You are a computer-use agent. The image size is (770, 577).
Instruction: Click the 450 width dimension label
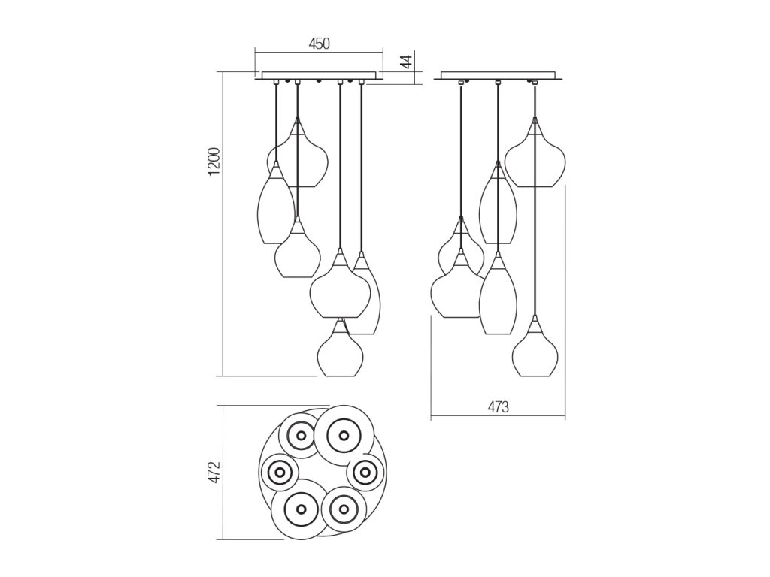click(320, 44)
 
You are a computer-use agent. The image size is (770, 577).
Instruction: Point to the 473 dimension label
click(498, 408)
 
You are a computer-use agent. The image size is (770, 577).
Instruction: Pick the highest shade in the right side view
click(535, 156)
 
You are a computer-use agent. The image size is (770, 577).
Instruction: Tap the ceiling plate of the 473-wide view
click(499, 75)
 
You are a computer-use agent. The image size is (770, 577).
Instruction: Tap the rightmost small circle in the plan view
click(366, 472)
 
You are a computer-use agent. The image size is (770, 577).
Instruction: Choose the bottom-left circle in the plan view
click(301, 509)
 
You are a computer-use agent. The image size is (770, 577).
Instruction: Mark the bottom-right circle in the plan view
click(344, 509)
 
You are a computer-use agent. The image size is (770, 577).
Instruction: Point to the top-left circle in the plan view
click(300, 435)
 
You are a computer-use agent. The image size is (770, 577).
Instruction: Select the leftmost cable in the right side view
click(461, 150)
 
